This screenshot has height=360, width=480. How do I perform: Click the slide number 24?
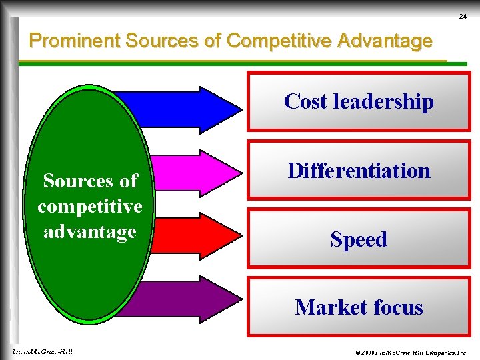click(463, 16)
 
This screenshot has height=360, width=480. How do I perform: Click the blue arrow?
click(193, 106)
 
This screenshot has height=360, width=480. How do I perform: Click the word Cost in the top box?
click(306, 101)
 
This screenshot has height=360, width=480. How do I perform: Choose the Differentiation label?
click(359, 171)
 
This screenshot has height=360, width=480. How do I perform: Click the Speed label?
click(359, 239)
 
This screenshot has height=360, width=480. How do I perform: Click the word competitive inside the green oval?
click(90, 206)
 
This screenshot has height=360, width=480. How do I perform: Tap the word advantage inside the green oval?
click(90, 231)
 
